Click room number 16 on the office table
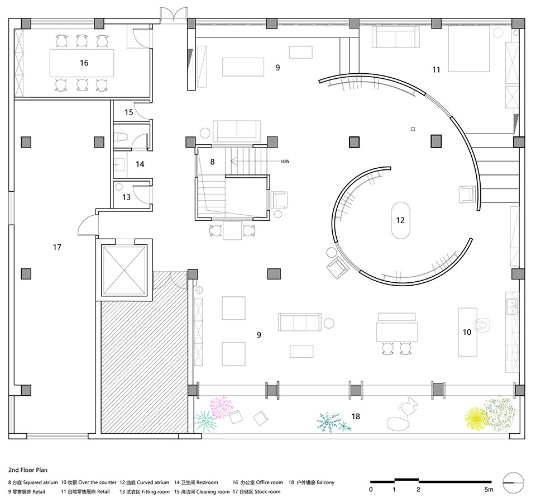pyautogui.click(x=84, y=63)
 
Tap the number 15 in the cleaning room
pyautogui.click(x=128, y=112)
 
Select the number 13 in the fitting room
pyautogui.click(x=127, y=197)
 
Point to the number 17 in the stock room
pyautogui.click(x=57, y=247)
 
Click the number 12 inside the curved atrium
pyautogui.click(x=400, y=220)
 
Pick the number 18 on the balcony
pyautogui.click(x=356, y=416)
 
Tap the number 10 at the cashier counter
pyautogui.click(x=467, y=332)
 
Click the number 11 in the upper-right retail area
pyautogui.click(x=436, y=70)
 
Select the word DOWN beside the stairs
pyautogui.click(x=285, y=162)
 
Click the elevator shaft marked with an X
pyautogui.click(x=124, y=271)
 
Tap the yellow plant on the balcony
pyautogui.click(x=476, y=416)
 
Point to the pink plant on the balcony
pyautogui.click(x=221, y=407)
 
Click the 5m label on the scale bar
pyautogui.click(x=489, y=489)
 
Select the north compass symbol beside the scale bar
pyautogui.click(x=514, y=482)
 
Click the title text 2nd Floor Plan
pyautogui.click(x=28, y=470)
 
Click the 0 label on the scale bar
pyautogui.click(x=371, y=489)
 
